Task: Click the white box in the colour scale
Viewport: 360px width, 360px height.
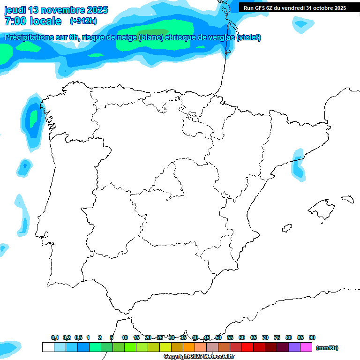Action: (x=48, y=347)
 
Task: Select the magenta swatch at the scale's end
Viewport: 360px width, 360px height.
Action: (x=306, y=347)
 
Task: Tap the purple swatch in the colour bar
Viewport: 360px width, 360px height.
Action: (x=294, y=347)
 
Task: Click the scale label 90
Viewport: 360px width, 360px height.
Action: (x=312, y=337)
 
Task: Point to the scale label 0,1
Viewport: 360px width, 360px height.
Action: (x=55, y=337)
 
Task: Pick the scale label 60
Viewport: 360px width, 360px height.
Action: (x=242, y=337)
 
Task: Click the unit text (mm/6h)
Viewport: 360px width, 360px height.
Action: (x=327, y=348)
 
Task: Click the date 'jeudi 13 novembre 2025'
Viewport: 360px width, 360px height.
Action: (x=56, y=10)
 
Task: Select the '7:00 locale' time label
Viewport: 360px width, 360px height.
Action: (x=33, y=21)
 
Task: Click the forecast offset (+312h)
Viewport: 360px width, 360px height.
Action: (x=83, y=21)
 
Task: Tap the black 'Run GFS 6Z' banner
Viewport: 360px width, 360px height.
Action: (x=299, y=7)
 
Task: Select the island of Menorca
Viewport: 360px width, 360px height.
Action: (x=347, y=199)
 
